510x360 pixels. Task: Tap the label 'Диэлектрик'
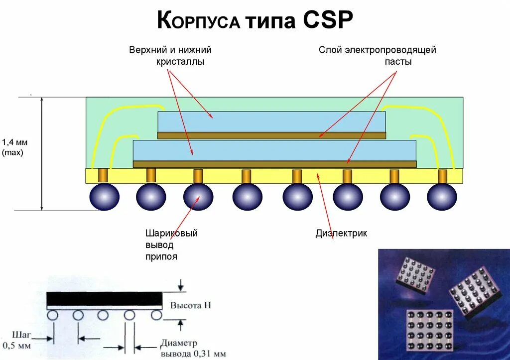(341, 233)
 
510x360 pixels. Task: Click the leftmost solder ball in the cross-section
(105, 197)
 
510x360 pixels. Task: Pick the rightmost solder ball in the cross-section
(442, 197)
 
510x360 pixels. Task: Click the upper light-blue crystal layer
(271, 121)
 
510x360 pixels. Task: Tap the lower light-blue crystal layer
(274, 150)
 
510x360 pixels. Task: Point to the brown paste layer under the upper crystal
(271, 135)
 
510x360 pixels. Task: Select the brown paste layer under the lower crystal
(274, 164)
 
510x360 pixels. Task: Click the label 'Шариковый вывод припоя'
(171, 245)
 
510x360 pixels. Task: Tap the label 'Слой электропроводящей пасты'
(377, 56)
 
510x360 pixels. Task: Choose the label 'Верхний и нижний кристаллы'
(170, 56)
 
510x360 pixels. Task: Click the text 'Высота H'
(191, 305)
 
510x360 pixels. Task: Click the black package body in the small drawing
(104, 299)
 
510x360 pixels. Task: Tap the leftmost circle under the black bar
(53, 315)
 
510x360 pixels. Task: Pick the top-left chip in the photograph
(415, 274)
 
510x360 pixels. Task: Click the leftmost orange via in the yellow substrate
(103, 175)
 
